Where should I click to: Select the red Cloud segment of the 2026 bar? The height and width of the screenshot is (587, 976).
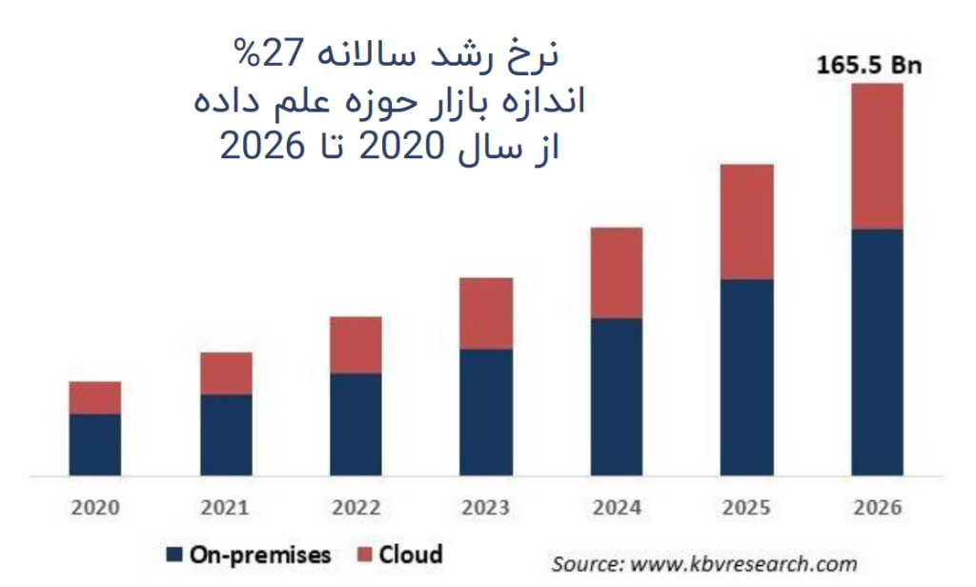[x=876, y=156]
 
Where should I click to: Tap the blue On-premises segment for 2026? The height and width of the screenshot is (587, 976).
[x=876, y=352]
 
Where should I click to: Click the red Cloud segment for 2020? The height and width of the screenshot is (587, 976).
[x=95, y=397]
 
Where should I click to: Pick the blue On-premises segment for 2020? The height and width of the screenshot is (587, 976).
[x=95, y=444]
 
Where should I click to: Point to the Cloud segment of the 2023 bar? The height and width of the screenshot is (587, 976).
[x=486, y=314]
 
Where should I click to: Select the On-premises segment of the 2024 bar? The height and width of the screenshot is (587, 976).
[x=617, y=396]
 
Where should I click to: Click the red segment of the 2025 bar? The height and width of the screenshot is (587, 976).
[x=746, y=222]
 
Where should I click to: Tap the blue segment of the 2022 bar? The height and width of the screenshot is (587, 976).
[x=356, y=424]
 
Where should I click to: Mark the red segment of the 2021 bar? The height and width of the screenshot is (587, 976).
[x=226, y=374]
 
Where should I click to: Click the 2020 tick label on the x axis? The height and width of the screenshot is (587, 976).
[x=95, y=508]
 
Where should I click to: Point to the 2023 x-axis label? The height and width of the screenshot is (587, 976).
[x=486, y=508]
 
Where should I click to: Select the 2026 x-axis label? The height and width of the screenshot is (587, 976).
[x=876, y=508]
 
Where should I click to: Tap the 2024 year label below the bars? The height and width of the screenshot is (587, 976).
[x=617, y=508]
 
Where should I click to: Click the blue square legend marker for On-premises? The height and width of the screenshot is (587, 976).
[x=174, y=555]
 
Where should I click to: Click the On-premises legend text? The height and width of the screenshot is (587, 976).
[x=259, y=555]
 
